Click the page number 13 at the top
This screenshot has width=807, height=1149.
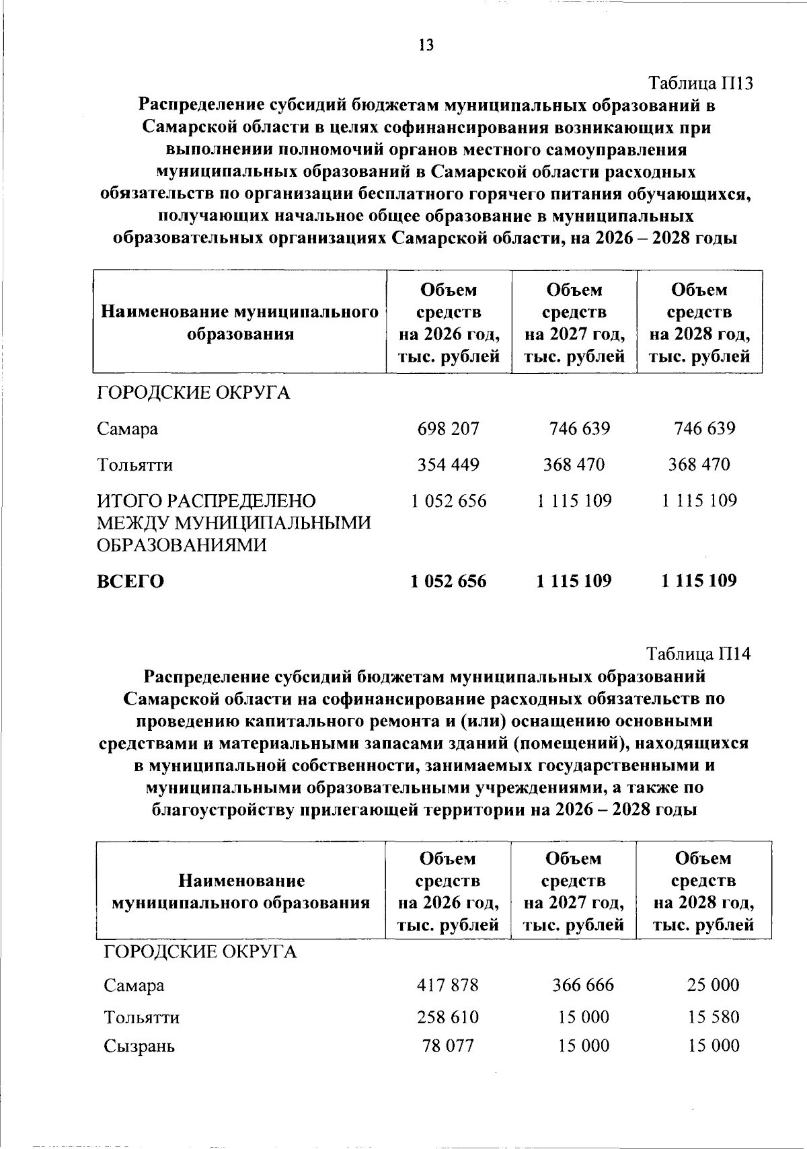[x=426, y=45]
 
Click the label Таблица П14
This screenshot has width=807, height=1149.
[x=698, y=653]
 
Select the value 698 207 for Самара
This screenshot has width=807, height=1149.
[x=448, y=429]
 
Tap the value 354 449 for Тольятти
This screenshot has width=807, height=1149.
[x=448, y=465]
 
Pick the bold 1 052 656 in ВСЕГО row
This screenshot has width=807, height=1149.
[x=448, y=581]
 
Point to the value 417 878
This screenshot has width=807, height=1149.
[x=448, y=986]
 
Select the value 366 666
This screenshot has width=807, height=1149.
[x=583, y=986]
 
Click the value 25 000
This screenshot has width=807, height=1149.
[x=713, y=986]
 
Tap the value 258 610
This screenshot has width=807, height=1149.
[x=448, y=1017]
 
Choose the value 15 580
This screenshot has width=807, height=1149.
[x=713, y=1017]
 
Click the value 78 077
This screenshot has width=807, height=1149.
[x=448, y=1045]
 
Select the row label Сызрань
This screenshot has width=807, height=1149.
[x=139, y=1046]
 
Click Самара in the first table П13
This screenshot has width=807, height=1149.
[x=128, y=429]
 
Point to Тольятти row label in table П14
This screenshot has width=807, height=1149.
[x=141, y=1017]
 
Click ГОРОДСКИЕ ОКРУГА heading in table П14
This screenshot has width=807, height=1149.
[x=200, y=952]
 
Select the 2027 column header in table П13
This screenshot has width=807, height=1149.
[x=574, y=323]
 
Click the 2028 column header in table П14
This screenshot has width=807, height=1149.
[x=703, y=891]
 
